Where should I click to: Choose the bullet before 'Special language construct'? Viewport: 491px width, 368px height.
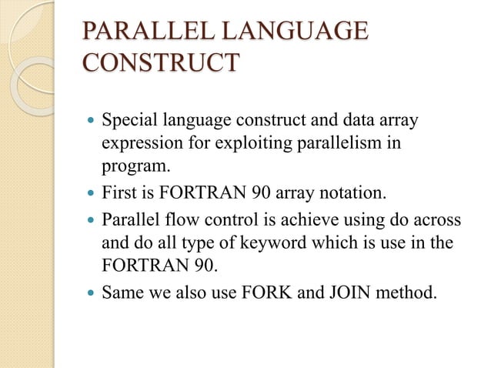coord(92,122)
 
